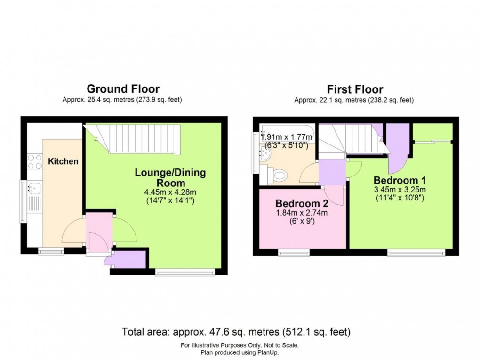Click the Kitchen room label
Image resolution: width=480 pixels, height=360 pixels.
click(63, 161)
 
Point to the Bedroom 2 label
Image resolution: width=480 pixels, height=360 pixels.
click(301, 204)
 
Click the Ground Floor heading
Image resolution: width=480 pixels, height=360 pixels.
click(122, 89)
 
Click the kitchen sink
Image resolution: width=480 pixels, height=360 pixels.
click(34, 189)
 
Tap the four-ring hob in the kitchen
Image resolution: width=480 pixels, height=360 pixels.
click(34, 161)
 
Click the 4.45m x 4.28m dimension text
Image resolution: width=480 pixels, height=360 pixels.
click(171, 192)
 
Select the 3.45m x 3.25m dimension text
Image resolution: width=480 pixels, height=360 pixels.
click(400, 190)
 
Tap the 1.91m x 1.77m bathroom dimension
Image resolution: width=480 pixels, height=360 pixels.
click(287, 137)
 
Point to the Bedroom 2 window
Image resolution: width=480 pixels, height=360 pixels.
click(294, 253)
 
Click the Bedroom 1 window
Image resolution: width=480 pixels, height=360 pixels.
click(416, 253)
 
